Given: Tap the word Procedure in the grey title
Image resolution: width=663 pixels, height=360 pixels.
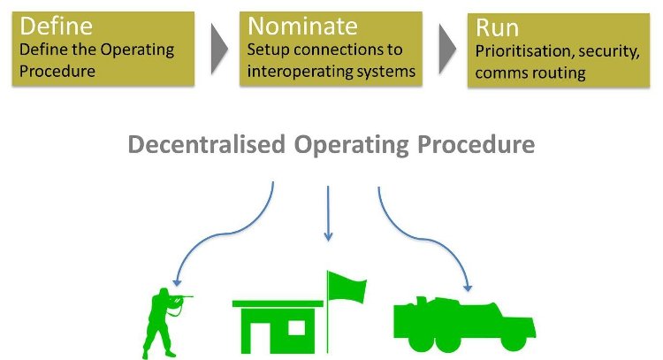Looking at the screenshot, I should (x=473, y=144).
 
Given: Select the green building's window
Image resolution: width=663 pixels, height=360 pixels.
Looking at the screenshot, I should (x=293, y=330).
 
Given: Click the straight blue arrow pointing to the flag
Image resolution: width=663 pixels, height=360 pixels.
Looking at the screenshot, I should (x=328, y=212).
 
